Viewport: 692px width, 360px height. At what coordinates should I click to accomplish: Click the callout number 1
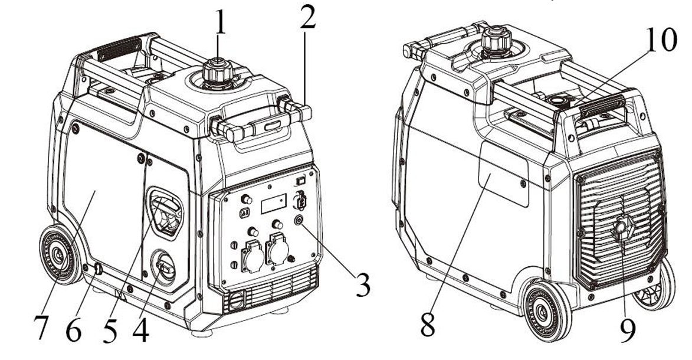219,24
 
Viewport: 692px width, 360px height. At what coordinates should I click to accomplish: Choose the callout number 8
429,323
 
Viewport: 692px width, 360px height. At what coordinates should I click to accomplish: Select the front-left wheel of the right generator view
546,310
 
